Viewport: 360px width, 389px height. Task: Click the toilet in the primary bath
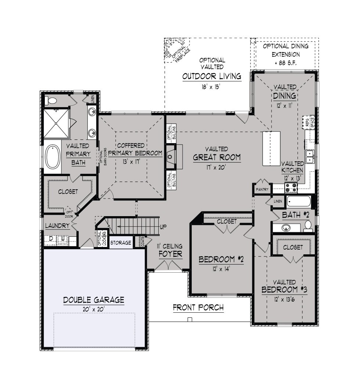coord(51,101)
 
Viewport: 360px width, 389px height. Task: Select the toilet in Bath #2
coord(308,226)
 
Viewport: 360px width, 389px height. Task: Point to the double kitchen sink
coord(310,156)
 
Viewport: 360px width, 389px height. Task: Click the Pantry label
coord(262,189)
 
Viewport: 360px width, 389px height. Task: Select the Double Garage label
coord(94,300)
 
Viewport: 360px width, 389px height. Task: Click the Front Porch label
coord(198,308)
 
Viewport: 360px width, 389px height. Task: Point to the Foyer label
coord(170,254)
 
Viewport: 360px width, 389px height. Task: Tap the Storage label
coord(120,243)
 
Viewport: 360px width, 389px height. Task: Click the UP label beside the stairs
coord(163,227)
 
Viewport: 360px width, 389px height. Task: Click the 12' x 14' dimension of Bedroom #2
coord(221,269)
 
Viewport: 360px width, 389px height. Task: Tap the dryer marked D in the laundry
coord(51,239)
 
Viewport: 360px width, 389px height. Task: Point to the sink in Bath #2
coord(286,228)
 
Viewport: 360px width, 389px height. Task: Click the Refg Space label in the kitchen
coord(309,122)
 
